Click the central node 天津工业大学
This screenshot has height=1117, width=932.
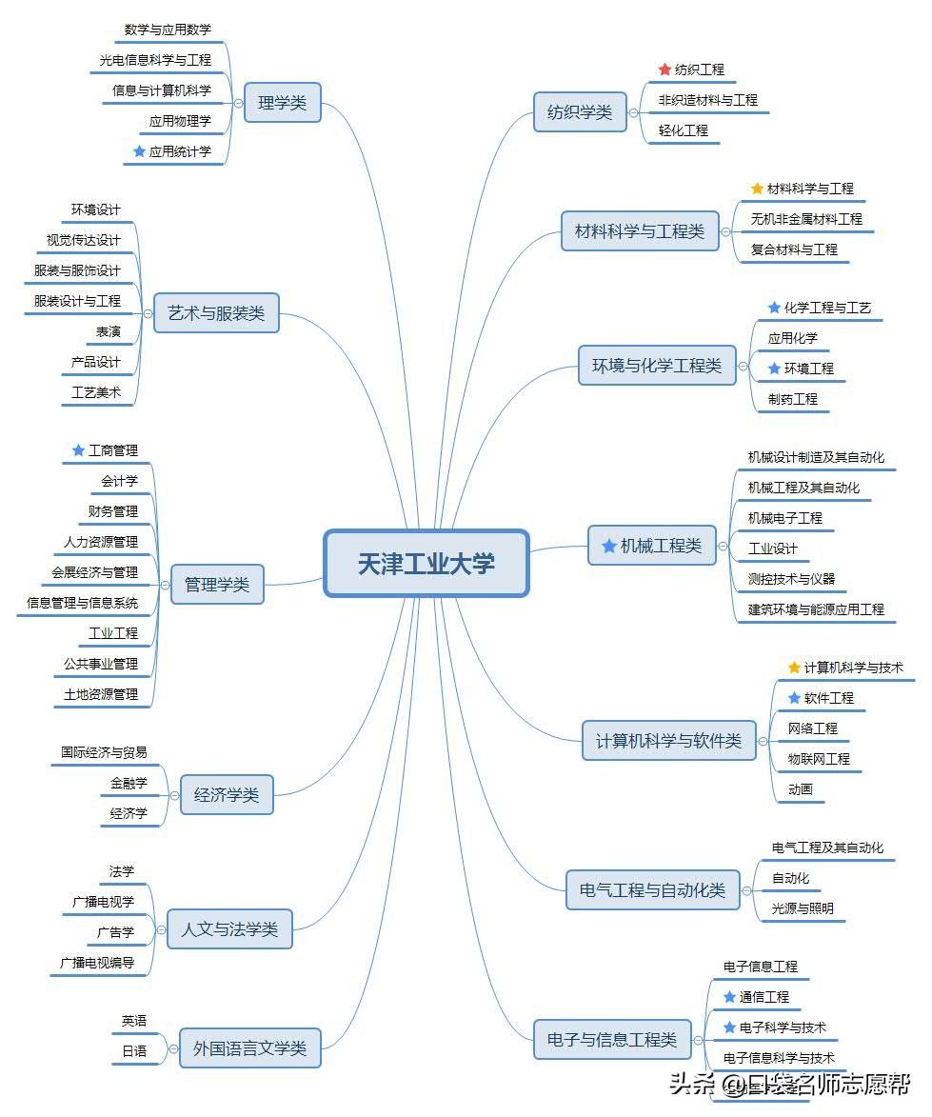pyautogui.click(x=426, y=564)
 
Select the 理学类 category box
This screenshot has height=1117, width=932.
pyautogui.click(x=282, y=103)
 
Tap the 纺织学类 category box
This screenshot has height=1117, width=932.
pyautogui.click(x=579, y=112)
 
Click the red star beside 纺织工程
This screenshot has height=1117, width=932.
pyautogui.click(x=664, y=70)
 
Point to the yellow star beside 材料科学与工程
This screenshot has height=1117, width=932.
pyautogui.click(x=757, y=189)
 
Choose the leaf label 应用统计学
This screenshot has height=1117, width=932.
pyautogui.click(x=180, y=151)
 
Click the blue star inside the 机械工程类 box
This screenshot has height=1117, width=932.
pyautogui.click(x=609, y=546)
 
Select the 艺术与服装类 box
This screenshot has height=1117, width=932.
pyautogui.click(x=216, y=313)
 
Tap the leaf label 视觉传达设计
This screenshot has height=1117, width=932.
pyautogui.click(x=84, y=240)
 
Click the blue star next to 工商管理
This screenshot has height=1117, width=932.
pyautogui.click(x=78, y=450)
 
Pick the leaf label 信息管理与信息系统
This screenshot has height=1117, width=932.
pyautogui.click(x=82, y=603)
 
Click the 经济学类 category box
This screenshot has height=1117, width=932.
pyautogui.click(x=227, y=795)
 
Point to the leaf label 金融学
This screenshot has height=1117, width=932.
pyautogui.click(x=129, y=783)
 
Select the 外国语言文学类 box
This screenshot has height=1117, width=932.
pyautogui.click(x=250, y=1048)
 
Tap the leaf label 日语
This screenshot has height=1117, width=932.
pyautogui.click(x=134, y=1051)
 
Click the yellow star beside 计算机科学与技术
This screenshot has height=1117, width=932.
pyautogui.click(x=794, y=668)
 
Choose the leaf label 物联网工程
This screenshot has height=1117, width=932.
pyautogui.click(x=819, y=759)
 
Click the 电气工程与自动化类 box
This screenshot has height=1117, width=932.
pyautogui.click(x=652, y=890)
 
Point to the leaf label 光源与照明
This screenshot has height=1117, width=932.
pyautogui.click(x=803, y=908)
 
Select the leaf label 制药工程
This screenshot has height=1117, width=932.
pyautogui.click(x=793, y=399)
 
